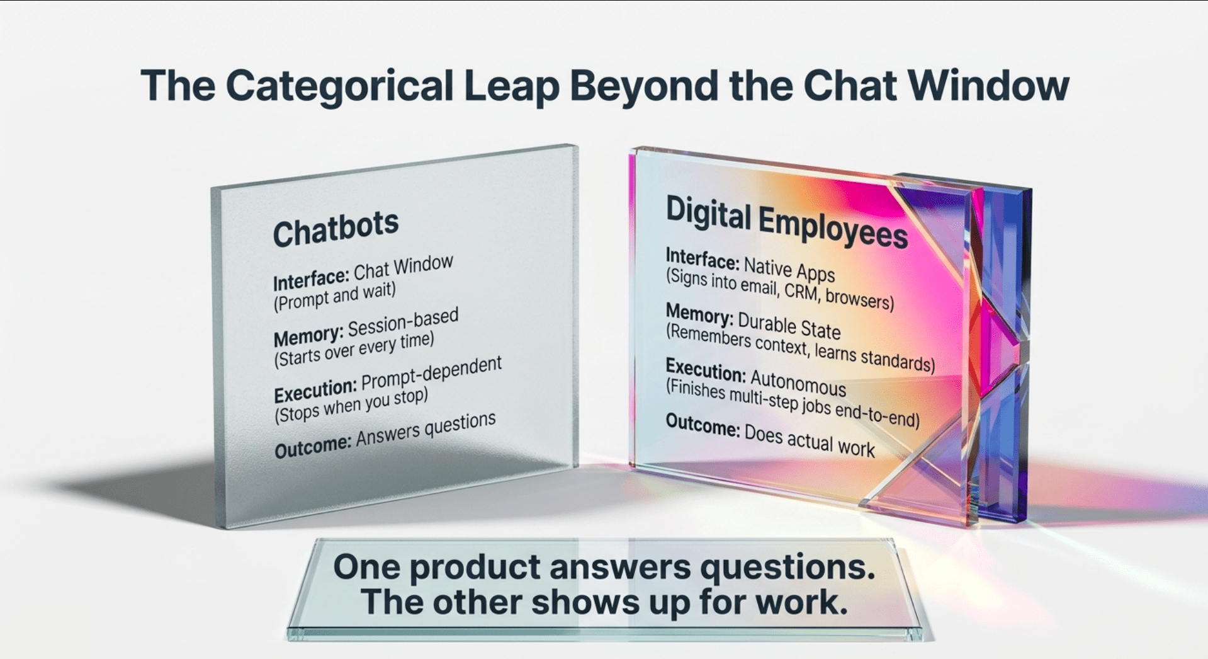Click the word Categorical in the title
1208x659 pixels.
(339, 86)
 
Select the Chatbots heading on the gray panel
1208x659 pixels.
(336, 228)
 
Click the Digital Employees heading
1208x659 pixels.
(786, 222)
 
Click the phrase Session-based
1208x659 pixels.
(403, 322)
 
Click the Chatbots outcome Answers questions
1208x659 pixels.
(426, 429)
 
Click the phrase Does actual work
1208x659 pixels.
(809, 440)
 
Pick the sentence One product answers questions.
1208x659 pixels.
(604, 566)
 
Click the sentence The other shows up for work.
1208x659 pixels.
(604, 602)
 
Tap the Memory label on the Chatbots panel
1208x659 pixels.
(308, 336)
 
